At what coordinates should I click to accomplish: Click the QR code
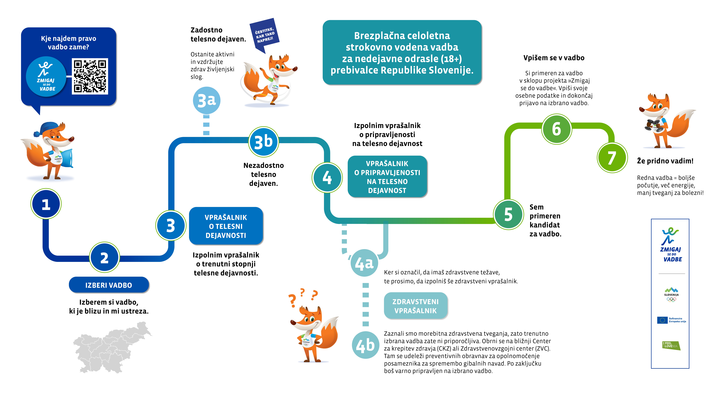[x=90, y=76]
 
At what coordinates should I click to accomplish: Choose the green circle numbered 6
[x=557, y=129]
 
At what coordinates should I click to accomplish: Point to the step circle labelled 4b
[x=365, y=345]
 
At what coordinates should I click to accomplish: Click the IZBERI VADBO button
[x=109, y=285]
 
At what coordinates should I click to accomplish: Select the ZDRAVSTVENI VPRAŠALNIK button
[x=415, y=306]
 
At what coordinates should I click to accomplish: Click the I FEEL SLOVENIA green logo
[x=671, y=345]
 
